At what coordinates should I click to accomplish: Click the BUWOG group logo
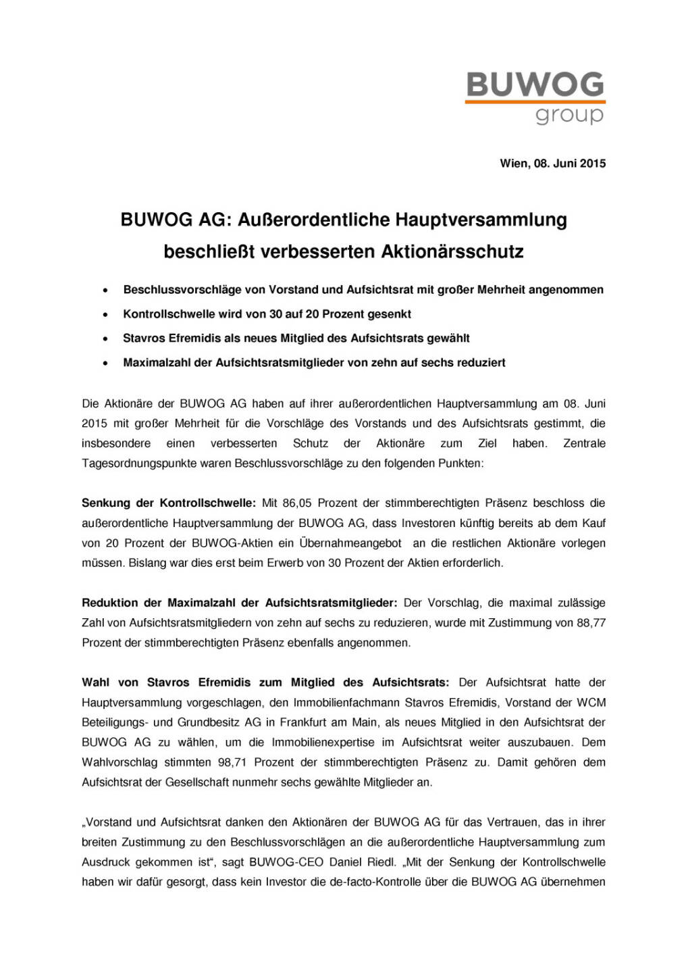pyautogui.click(x=535, y=98)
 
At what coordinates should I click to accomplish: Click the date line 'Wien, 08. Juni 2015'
pyautogui.click(x=552, y=164)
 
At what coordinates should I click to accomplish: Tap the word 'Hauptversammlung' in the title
pyautogui.click(x=481, y=220)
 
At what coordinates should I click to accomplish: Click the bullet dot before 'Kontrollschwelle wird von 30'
pyautogui.click(x=105, y=315)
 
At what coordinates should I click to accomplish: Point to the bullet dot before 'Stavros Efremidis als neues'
pyautogui.click(x=105, y=339)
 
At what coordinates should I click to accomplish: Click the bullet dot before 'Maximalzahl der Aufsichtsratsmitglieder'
pyautogui.click(x=105, y=364)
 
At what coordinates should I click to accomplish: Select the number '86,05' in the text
pyautogui.click(x=297, y=503)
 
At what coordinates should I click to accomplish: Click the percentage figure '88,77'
pyautogui.click(x=591, y=623)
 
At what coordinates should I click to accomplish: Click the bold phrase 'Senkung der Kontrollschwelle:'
pyautogui.click(x=169, y=503)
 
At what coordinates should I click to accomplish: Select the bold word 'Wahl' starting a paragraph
pyautogui.click(x=95, y=683)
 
